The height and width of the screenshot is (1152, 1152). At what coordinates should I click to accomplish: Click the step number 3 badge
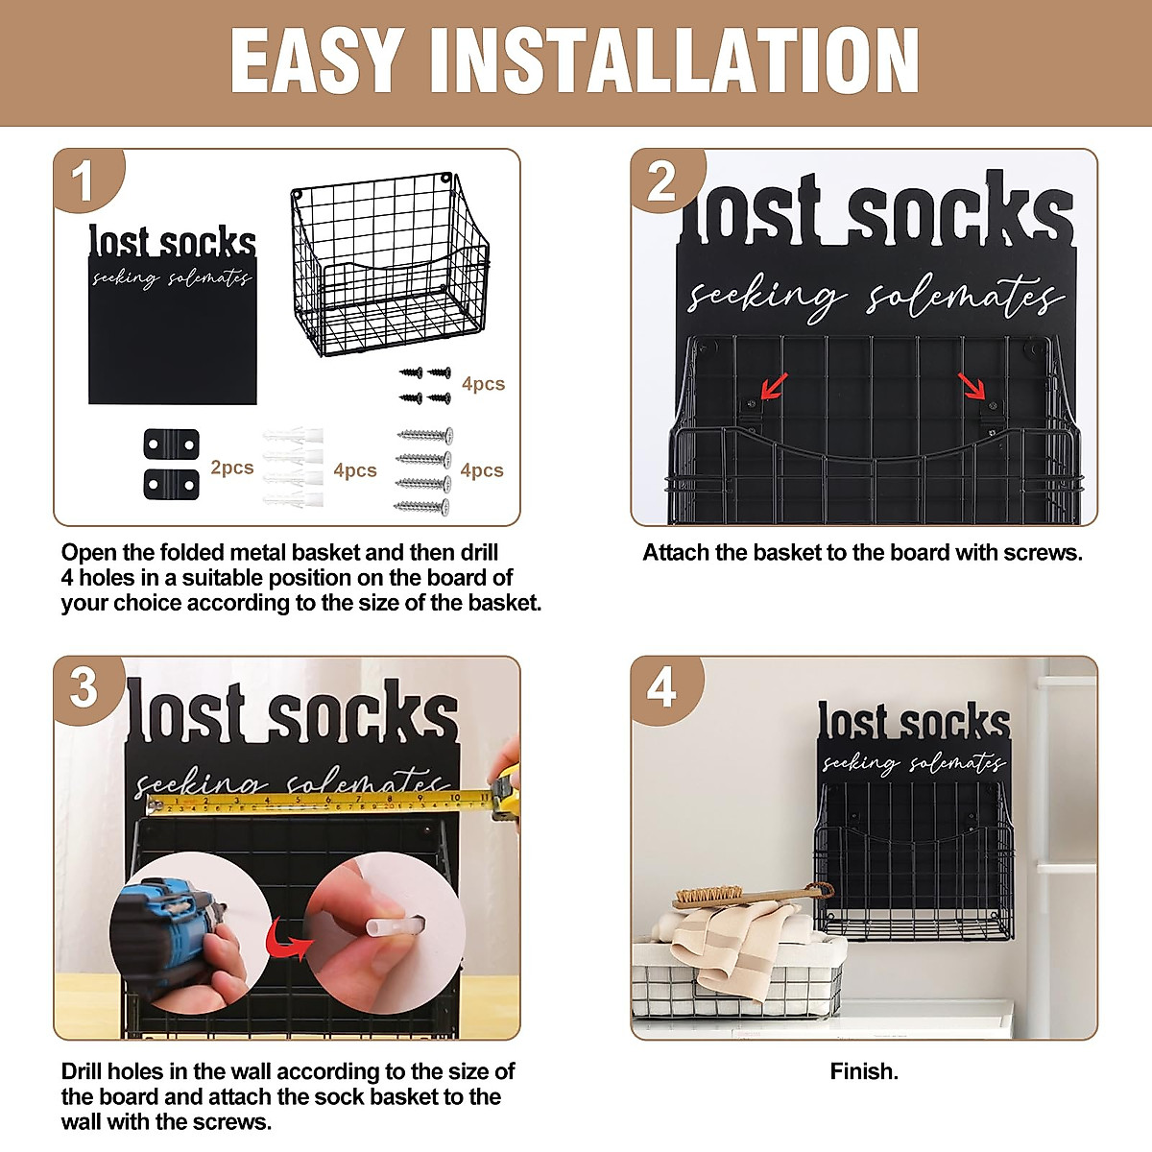pos(84,687)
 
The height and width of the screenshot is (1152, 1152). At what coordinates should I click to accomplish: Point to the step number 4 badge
pos(661,687)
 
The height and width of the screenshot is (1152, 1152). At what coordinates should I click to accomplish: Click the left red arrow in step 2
pos(774,385)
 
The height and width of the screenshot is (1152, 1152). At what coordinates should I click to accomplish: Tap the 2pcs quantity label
pos(231,468)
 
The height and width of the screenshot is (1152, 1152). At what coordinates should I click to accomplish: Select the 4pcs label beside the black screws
pos(483,384)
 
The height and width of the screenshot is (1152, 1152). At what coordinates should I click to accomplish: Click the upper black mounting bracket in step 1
pos(171,445)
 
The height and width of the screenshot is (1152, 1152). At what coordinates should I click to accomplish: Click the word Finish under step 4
pos(864,1071)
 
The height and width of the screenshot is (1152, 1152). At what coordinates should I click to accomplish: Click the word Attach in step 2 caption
pos(675,553)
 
